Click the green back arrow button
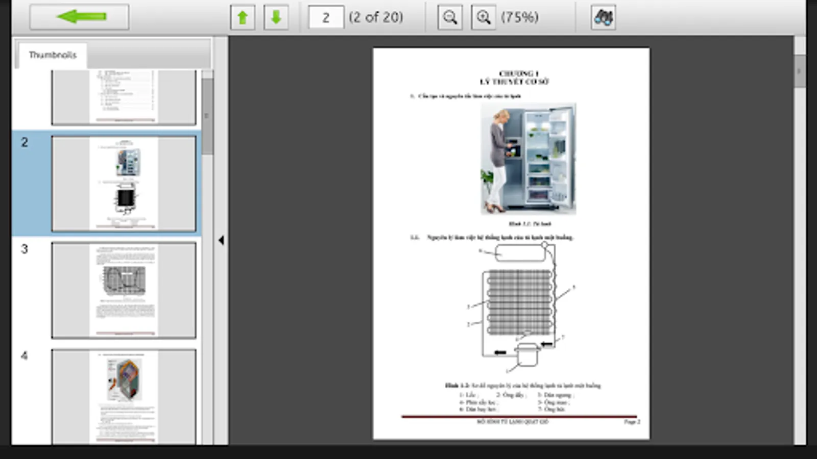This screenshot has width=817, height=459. pos(80,17)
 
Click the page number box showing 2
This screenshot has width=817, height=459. pos(326,17)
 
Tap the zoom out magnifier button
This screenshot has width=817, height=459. pos(450,17)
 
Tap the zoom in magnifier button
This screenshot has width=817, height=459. pos(483,17)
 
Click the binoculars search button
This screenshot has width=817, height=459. pos(603,17)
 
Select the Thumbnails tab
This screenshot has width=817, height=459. pos(53,55)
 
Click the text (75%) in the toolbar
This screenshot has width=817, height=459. pos(519,17)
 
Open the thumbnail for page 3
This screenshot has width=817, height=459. pos(124,290)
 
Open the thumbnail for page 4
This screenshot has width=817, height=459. pos(124,396)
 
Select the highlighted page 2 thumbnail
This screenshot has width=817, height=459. pos(124,184)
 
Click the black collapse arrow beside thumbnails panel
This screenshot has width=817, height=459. pos(221,240)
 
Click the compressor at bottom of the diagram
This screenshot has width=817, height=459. pos(527,355)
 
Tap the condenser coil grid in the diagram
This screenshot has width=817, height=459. pos(520,302)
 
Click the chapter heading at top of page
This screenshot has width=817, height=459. pos(514,78)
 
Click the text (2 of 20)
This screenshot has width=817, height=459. pos(376,17)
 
